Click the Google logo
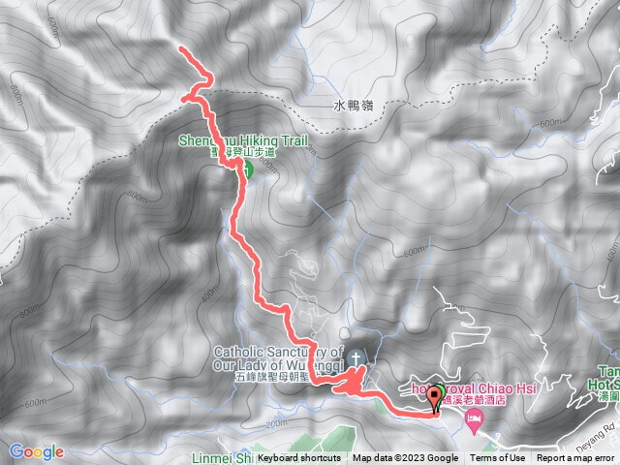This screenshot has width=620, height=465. (x=37, y=451)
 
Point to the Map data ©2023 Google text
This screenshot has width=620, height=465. (x=405, y=458)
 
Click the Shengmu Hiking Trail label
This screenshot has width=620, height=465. (x=243, y=141)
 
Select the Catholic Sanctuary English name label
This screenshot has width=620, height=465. (x=278, y=358)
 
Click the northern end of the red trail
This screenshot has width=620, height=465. (x=181, y=47)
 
